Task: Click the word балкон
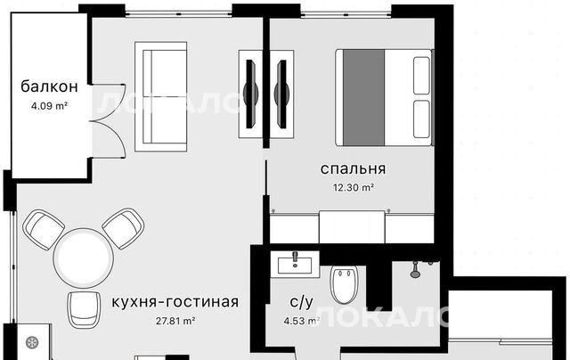click(x=49, y=86)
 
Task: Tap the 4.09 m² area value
click(x=49, y=106)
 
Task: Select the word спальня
click(x=353, y=168)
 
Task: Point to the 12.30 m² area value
click(x=354, y=188)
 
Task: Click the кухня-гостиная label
click(x=175, y=302)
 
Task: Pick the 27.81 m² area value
click(x=175, y=321)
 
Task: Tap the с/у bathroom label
click(x=301, y=302)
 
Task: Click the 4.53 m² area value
click(x=301, y=321)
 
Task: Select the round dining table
click(x=83, y=258)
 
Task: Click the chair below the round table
click(x=84, y=310)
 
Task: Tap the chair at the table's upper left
click(x=44, y=229)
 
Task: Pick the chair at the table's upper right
click(x=123, y=228)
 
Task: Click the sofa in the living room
click(x=160, y=96)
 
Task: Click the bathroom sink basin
click(x=295, y=265)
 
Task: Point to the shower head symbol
click(x=414, y=270)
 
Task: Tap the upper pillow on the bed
click(x=421, y=76)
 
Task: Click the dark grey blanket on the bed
click(x=364, y=97)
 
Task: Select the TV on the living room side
click(x=250, y=94)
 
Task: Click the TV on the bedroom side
click(x=281, y=94)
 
